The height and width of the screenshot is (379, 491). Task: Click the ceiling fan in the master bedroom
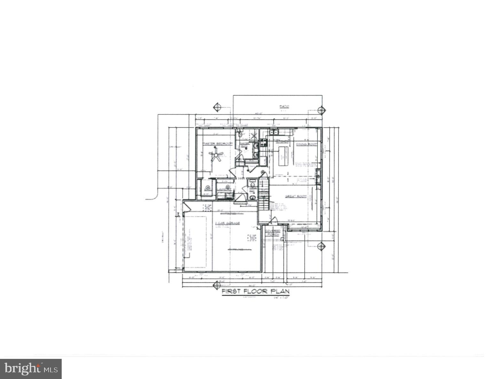click(215, 155)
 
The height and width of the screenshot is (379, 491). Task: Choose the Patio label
click(284, 106)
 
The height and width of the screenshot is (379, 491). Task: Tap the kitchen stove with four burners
click(264, 143)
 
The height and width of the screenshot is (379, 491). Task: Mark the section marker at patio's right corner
click(321, 110)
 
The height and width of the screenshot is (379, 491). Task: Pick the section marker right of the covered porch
click(321, 246)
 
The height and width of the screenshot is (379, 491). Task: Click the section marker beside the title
click(217, 285)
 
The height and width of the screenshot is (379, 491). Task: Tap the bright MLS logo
click(31, 369)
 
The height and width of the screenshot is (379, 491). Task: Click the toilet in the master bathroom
click(240, 134)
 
